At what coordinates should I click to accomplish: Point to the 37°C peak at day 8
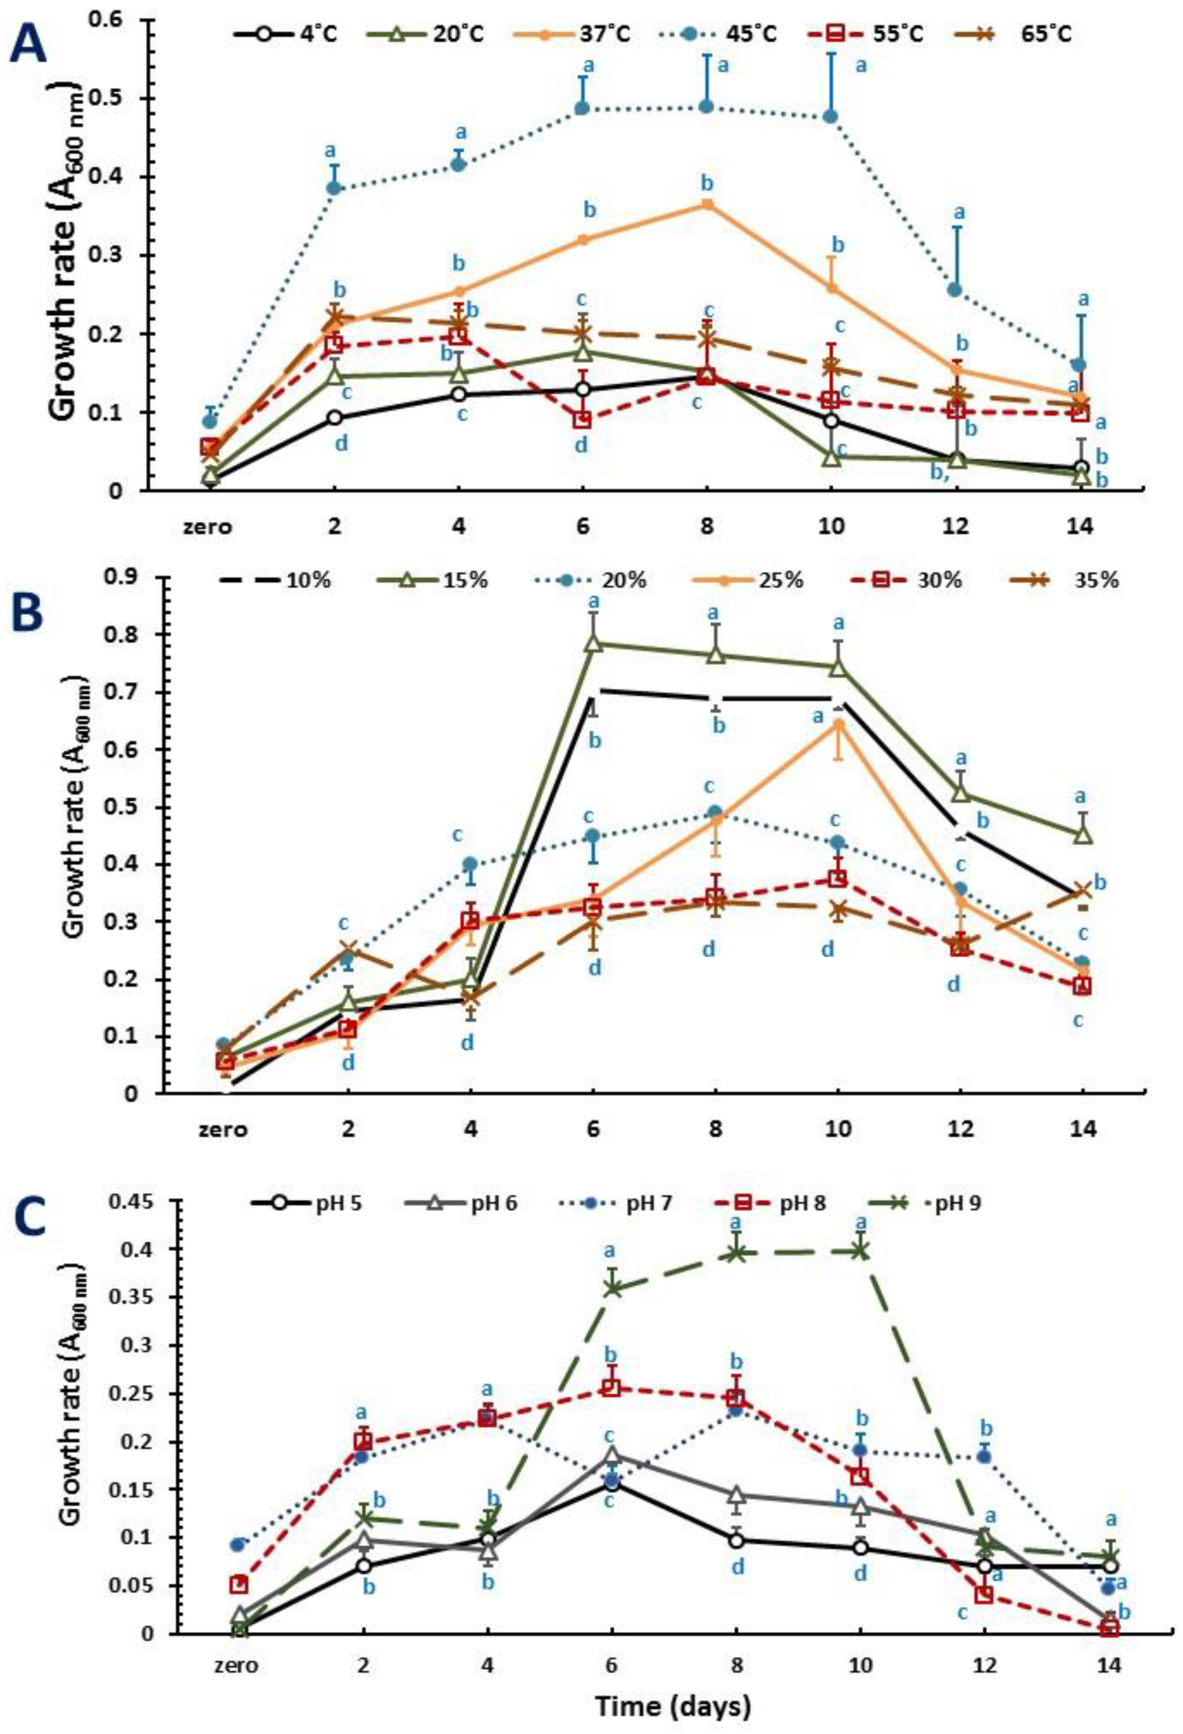(x=707, y=204)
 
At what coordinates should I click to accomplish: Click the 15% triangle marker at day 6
(x=594, y=643)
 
